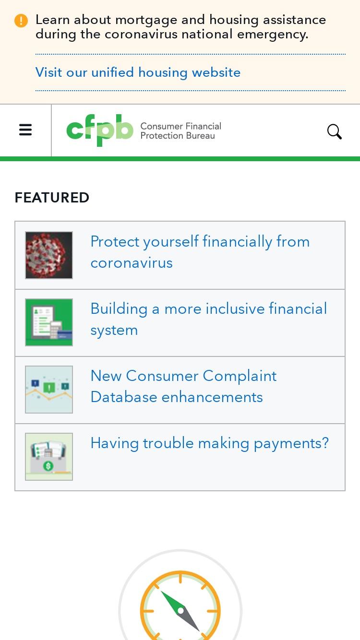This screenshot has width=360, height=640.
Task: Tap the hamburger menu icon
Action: coord(25,130)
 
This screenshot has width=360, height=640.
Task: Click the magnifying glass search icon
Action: coord(334,131)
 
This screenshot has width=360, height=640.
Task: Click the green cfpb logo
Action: coord(100,130)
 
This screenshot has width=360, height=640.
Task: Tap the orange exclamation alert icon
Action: coord(21,21)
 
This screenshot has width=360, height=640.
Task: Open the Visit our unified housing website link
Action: coord(138,72)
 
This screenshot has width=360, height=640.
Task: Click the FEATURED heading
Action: coord(52,198)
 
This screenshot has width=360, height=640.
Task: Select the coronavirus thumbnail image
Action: coord(49,255)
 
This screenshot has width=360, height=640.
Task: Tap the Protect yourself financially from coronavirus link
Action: coord(200,252)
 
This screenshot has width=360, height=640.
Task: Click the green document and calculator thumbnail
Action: coord(49,322)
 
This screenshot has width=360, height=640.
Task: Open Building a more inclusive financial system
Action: coord(209,319)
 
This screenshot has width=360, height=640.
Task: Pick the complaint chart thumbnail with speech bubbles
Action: coord(49,390)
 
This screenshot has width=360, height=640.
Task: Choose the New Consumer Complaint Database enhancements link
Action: coord(183,386)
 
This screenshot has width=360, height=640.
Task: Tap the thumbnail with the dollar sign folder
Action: coord(49,457)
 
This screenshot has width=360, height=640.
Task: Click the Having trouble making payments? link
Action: coord(210,443)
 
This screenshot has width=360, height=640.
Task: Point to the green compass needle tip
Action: coord(161,591)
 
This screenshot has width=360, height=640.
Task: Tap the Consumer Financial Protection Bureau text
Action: coord(180,131)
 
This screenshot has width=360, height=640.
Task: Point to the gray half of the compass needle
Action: coord(190,620)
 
